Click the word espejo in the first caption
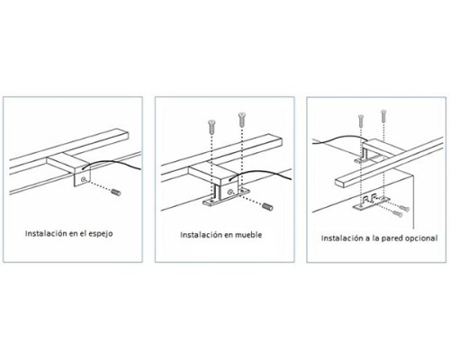click(101, 234)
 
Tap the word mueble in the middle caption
click(247, 235)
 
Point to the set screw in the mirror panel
click(116, 192)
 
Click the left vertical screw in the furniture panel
click(211, 127)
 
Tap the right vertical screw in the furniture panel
click(241, 120)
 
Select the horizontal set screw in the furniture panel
click(267, 207)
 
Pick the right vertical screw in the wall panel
click(383, 116)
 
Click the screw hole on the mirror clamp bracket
click(84, 179)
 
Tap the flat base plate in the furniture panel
click(225, 198)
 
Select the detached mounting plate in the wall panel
click(372, 203)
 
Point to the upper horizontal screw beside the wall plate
click(404, 208)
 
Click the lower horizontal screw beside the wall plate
click(397, 214)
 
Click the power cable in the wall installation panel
click(340, 139)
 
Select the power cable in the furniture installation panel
click(261, 172)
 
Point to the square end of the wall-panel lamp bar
click(338, 183)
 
